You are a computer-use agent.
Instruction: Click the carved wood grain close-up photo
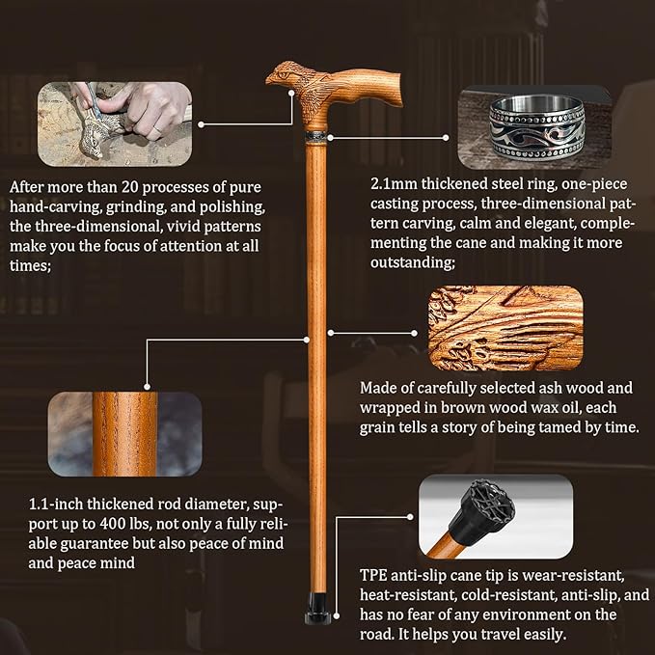pos(504,328)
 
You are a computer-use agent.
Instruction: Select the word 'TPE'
pos(373,571)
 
